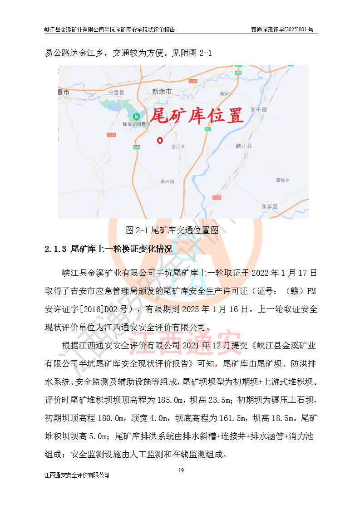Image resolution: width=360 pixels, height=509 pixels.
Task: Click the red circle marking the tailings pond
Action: (160, 140)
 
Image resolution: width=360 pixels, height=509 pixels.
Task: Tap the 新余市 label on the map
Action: (162, 92)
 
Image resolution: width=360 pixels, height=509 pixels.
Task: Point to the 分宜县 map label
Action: (116, 92)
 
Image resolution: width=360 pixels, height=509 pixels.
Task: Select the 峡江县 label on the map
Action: (244, 146)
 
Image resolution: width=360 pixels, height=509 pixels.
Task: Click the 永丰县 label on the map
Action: (269, 206)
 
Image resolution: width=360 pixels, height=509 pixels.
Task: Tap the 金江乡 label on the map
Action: (178, 147)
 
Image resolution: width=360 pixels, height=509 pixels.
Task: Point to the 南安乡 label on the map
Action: (226, 93)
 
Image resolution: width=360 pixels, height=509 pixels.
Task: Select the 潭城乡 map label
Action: (282, 180)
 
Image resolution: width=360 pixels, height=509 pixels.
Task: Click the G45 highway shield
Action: (137, 147)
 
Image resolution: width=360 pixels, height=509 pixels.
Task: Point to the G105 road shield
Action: (217, 197)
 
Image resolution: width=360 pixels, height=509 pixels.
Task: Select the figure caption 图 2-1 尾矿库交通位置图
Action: (175, 230)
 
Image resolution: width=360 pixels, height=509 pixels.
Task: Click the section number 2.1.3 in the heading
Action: (56, 249)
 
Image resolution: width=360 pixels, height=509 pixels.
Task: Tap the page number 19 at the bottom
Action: (181, 470)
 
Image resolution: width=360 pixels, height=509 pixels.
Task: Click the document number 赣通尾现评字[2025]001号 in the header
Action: (282, 29)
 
